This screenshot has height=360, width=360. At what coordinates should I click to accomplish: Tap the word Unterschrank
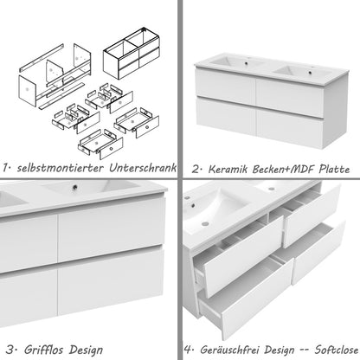pos(146,166)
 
